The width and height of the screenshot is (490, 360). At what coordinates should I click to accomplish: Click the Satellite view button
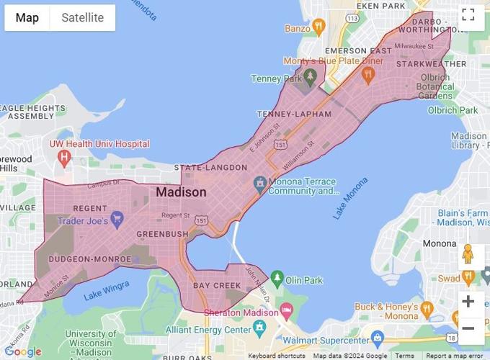click(x=82, y=17)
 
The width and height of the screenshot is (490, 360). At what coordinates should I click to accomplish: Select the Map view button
click(x=27, y=17)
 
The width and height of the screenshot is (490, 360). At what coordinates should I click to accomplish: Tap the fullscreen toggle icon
click(x=468, y=15)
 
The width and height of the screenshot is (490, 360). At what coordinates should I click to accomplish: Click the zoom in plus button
click(x=468, y=301)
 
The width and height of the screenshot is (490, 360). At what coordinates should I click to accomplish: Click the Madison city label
click(x=181, y=192)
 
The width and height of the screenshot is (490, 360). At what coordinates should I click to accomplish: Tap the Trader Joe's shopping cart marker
click(x=117, y=220)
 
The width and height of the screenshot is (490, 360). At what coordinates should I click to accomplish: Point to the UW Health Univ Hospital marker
click(x=66, y=156)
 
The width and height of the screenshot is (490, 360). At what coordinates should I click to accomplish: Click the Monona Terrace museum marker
click(x=259, y=184)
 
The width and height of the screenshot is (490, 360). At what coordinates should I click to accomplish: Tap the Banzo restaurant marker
click(x=318, y=27)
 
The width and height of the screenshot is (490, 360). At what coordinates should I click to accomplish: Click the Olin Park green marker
click(x=277, y=278)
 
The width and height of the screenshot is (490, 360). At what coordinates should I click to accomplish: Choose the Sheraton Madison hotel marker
click(x=286, y=310)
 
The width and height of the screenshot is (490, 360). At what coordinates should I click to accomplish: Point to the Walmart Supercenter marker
click(x=377, y=338)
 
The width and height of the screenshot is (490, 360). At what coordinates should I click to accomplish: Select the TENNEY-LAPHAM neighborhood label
click(x=295, y=114)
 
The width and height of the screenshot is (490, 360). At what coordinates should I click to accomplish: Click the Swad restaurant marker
click(x=468, y=276)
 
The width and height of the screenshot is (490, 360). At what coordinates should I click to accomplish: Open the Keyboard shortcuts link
click(x=276, y=356)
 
